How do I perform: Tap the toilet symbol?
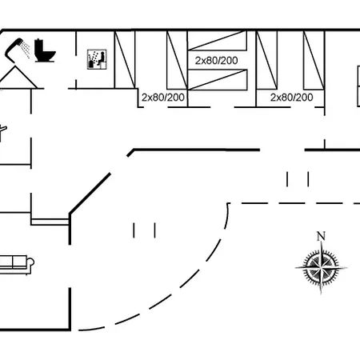[44, 50]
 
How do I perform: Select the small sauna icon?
[97, 59]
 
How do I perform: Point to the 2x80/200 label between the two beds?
[216, 61]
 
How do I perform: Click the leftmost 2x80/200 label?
[163, 98]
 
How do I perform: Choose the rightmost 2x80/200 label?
[291, 98]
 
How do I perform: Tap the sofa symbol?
[16, 265]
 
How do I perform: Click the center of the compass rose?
[321, 267]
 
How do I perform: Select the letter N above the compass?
[321, 236]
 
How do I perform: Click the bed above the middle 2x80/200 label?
[218, 40]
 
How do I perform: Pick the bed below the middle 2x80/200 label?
[218, 79]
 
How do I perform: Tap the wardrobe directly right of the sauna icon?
[125, 59]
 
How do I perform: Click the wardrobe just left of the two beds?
[177, 60]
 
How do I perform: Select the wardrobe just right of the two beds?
[266, 60]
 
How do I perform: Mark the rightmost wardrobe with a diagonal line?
[314, 60]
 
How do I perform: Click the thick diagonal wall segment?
[90, 194]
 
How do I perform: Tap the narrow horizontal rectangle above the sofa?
[50, 222]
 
